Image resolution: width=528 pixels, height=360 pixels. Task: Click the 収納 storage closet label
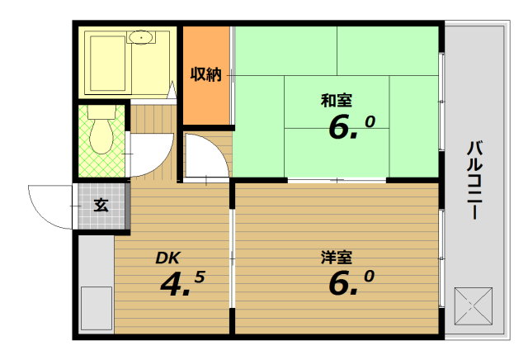tap(206, 74)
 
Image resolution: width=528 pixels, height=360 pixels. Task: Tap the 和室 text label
tap(337, 101)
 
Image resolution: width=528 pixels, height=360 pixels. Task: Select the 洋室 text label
tap(337, 257)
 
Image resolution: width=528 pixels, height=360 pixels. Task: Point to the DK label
tap(168, 258)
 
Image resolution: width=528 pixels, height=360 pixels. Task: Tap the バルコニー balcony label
tap(475, 180)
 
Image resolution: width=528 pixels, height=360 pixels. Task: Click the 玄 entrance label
tap(101, 205)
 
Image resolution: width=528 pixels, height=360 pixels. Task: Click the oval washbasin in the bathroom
tap(141, 37)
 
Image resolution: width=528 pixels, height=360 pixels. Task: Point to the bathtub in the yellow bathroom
tap(108, 64)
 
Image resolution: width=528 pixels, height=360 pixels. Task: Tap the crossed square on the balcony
tap(473, 306)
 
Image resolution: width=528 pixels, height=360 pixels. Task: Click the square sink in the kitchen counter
tap(97, 308)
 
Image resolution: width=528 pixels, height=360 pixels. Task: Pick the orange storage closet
tap(206, 75)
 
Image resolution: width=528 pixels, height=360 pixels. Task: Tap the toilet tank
tap(101, 111)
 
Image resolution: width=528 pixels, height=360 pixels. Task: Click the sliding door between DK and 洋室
tap(232, 258)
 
